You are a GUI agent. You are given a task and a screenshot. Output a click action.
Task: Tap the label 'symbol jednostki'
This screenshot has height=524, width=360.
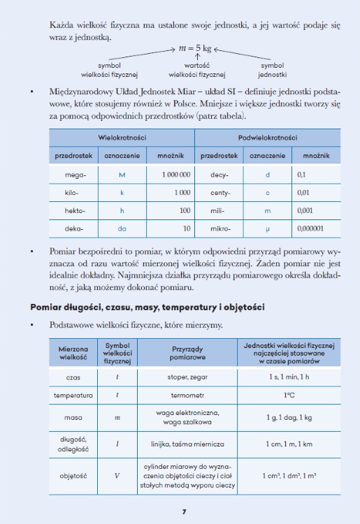272,69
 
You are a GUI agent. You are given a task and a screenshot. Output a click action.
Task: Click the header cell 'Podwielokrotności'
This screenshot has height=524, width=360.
268,138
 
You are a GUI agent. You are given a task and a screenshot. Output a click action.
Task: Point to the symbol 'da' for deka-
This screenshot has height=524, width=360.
122,228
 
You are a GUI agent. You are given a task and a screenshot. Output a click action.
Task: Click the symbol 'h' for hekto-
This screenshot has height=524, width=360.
122,210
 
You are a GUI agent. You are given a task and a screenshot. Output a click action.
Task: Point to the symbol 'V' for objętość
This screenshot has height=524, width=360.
117,476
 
